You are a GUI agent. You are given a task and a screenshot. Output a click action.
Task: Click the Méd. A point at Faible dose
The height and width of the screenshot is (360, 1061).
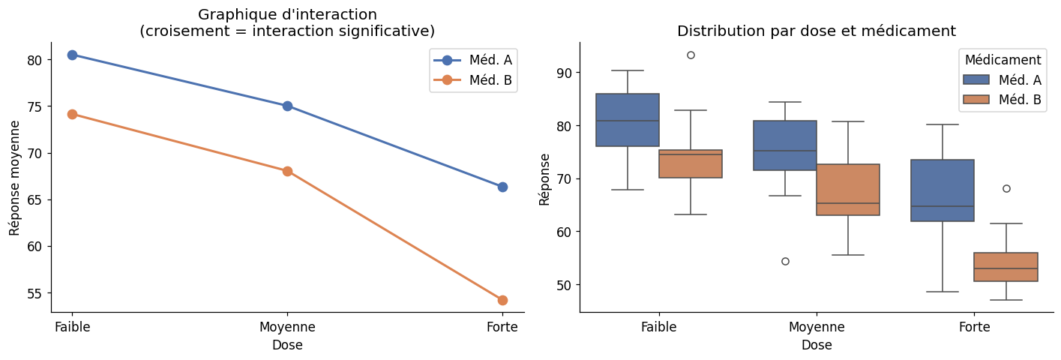72,55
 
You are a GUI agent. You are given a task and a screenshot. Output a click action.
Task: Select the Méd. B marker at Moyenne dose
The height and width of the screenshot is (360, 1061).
287,171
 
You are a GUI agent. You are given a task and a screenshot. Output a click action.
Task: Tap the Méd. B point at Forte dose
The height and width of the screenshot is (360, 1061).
502,300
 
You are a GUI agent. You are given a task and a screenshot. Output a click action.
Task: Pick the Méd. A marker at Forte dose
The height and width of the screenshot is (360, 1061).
502,187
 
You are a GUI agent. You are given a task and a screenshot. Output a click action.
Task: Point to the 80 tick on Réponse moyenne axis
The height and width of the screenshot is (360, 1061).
37,60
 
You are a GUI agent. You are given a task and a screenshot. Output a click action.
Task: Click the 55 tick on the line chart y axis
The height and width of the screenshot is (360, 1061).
37,293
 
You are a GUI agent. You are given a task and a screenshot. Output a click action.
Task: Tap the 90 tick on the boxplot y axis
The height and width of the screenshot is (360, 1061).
565,73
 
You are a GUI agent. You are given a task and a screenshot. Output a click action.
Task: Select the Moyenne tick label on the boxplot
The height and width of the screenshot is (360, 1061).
817,327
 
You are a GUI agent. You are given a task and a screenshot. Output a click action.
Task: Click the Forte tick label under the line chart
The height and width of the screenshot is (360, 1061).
502,327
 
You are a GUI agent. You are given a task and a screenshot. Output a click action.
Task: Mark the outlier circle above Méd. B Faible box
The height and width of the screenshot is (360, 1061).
691,55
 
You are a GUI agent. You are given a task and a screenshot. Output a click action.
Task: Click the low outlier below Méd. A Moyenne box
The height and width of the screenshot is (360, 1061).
785,261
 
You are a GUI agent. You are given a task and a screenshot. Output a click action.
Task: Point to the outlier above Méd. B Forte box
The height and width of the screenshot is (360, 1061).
1006,188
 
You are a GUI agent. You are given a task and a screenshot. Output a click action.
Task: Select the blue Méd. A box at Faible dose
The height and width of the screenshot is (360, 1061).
628,120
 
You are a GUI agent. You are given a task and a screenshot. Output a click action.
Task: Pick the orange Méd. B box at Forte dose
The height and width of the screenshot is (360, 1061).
1006,267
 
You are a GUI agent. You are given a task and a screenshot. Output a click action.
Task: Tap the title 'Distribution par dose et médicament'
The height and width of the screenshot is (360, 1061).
816,31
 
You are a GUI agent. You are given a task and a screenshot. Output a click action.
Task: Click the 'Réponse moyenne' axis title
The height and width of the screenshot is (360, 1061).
15,177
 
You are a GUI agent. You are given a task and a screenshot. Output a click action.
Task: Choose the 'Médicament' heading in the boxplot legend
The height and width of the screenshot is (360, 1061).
1003,60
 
